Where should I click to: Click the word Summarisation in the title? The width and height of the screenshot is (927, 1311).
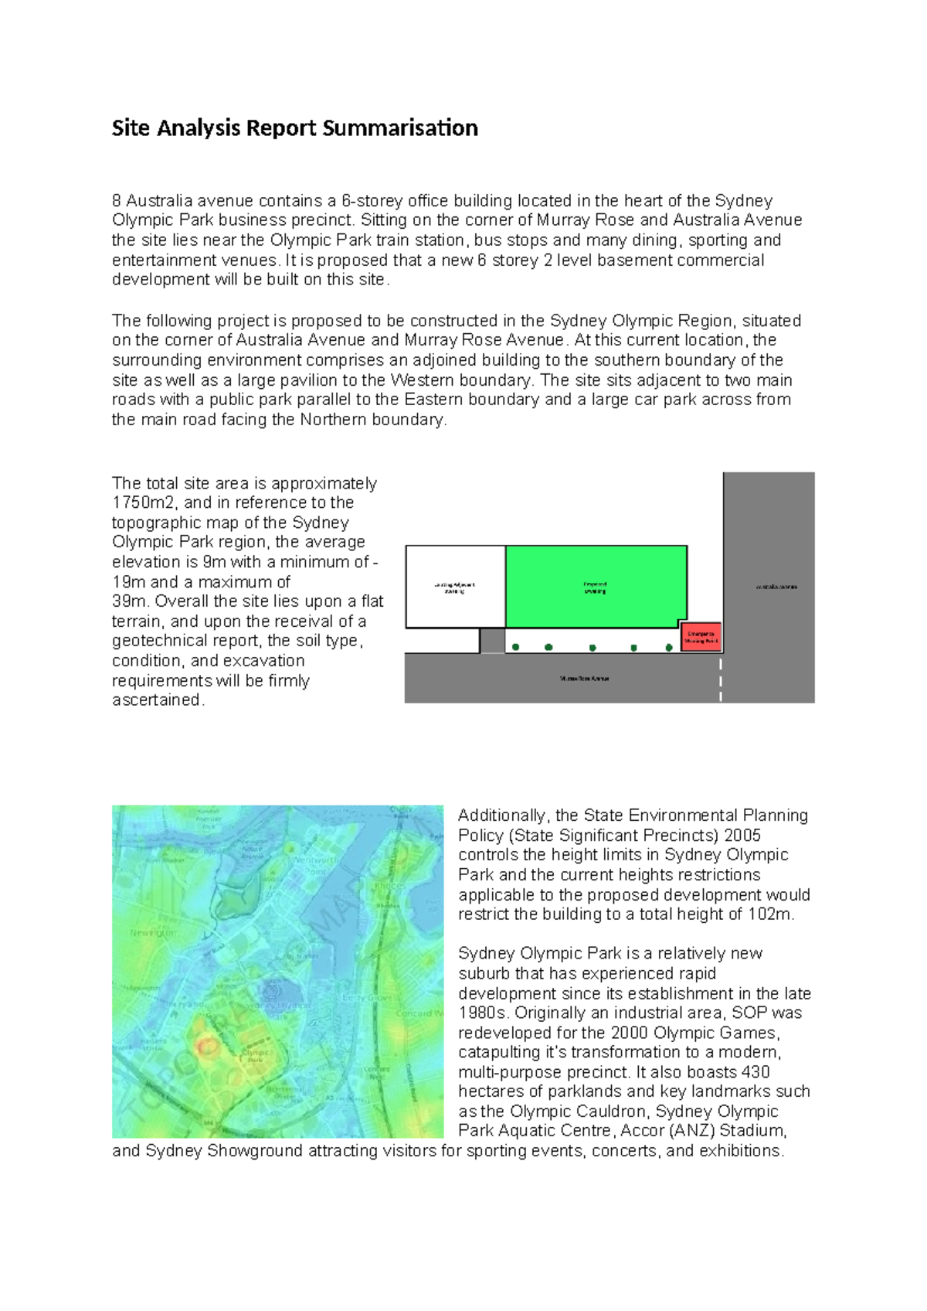[x=400, y=128]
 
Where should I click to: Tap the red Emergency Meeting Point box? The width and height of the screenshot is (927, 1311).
[x=701, y=637]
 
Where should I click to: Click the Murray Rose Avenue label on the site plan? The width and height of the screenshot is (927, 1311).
[x=585, y=679]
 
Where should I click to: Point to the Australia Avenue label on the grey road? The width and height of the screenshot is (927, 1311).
[x=776, y=587]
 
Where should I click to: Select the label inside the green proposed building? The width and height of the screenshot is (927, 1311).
[x=595, y=588]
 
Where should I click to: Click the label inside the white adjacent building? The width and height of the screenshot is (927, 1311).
[x=454, y=588]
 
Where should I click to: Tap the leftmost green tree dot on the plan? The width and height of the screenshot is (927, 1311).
[x=515, y=647]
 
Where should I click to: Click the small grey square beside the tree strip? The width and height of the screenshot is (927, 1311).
[x=492, y=641]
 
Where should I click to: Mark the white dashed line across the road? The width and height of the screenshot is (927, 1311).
[x=721, y=679]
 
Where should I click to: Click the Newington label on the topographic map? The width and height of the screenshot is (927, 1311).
[x=153, y=933]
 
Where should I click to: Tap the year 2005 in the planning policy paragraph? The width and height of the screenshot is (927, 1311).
[x=741, y=836]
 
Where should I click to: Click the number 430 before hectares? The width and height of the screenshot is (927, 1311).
[x=756, y=1072]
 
